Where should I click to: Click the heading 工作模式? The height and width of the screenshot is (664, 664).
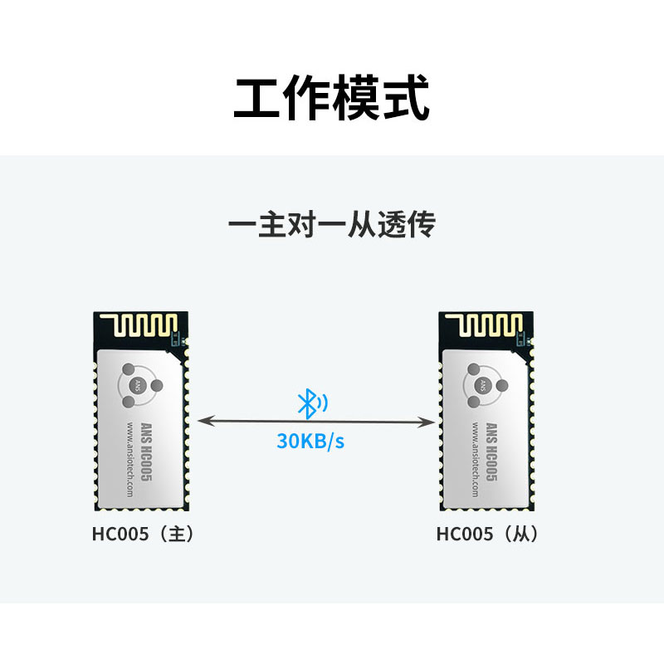pyautogui.click(x=332, y=98)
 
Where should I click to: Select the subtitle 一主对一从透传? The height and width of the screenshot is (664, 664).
pyautogui.click(x=332, y=223)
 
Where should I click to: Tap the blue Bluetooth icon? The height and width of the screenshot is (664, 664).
pyautogui.click(x=312, y=403)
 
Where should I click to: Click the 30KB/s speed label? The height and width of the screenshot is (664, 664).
pyautogui.click(x=310, y=441)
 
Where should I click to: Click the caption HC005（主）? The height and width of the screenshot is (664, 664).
pyautogui.click(x=143, y=534)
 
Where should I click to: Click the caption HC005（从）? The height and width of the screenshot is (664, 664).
pyautogui.click(x=488, y=534)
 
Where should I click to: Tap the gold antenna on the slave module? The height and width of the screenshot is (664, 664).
pyautogui.click(x=484, y=325)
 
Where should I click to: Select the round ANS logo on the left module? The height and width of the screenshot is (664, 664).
pyautogui.click(x=138, y=385)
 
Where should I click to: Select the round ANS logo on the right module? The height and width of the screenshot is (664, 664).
pyautogui.click(x=483, y=385)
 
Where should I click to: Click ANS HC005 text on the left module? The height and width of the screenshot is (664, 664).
pyautogui.click(x=146, y=452)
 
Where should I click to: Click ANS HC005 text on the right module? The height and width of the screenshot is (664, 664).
pyautogui.click(x=491, y=452)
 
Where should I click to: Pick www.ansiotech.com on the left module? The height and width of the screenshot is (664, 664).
pyautogui.click(x=130, y=459)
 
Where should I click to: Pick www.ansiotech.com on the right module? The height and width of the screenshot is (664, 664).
pyautogui.click(x=476, y=459)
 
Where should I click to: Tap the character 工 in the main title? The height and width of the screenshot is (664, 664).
pyautogui.click(x=256, y=99)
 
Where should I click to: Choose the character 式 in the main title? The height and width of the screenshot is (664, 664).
pyautogui.click(x=407, y=98)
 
